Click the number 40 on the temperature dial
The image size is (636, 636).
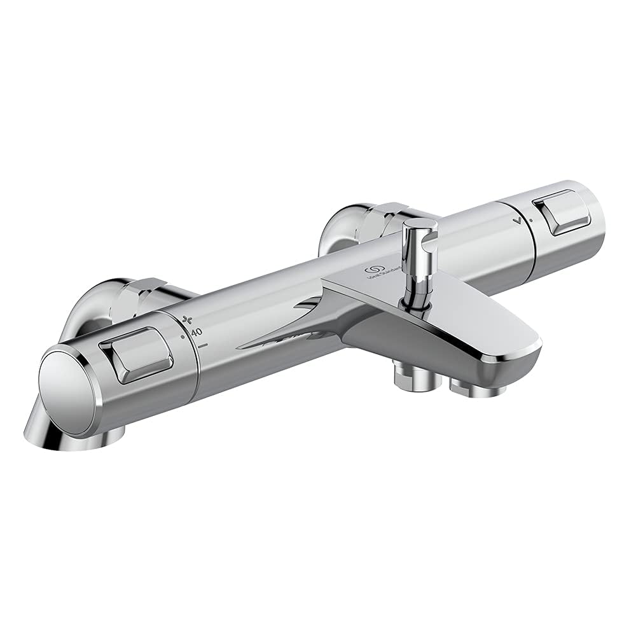point(197,331)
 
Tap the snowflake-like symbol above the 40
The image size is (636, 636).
point(187,319)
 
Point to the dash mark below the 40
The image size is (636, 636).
point(204,345)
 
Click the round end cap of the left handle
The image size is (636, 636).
point(66,384)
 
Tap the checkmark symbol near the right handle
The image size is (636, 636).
point(521,220)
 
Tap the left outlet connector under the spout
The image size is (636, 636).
point(417,377)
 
